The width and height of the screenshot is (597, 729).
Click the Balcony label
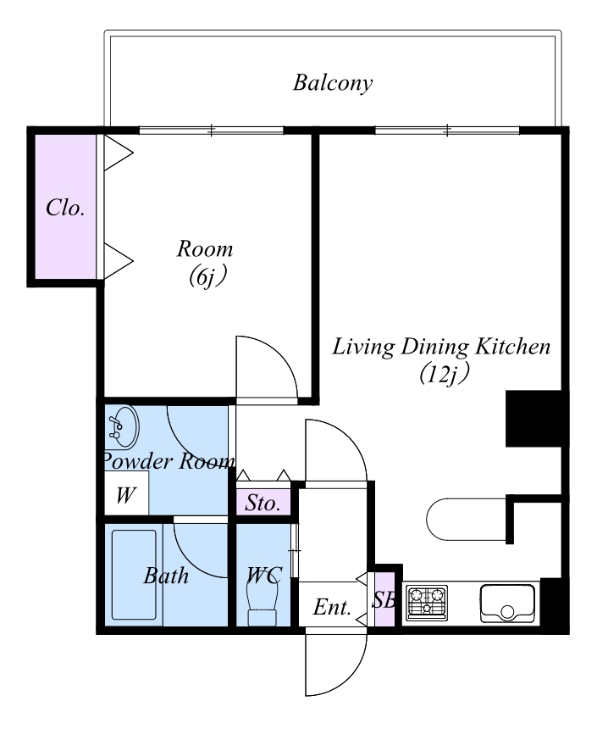click(x=333, y=84)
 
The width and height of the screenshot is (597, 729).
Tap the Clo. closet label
click(x=65, y=208)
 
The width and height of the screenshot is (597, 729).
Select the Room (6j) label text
click(x=205, y=263)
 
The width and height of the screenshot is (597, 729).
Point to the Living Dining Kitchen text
click(x=441, y=347)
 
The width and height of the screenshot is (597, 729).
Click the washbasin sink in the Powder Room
click(x=121, y=426)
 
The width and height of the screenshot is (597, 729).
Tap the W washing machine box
click(x=126, y=492)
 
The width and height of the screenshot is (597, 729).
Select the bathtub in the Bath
click(x=134, y=575)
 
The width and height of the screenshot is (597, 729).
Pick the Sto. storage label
click(x=263, y=503)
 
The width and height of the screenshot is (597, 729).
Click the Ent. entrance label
click(x=332, y=607)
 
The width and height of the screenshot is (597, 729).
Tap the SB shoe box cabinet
click(x=384, y=600)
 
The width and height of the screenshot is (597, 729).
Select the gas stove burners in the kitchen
click(x=427, y=603)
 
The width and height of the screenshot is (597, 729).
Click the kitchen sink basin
click(x=507, y=603)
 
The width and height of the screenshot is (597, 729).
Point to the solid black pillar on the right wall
click(x=534, y=419)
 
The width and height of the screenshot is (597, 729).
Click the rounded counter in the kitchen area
click(x=466, y=520)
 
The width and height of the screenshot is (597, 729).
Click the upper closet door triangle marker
click(x=119, y=153)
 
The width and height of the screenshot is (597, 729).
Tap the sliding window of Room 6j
click(x=212, y=131)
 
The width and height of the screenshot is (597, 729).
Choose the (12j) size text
click(x=443, y=375)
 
